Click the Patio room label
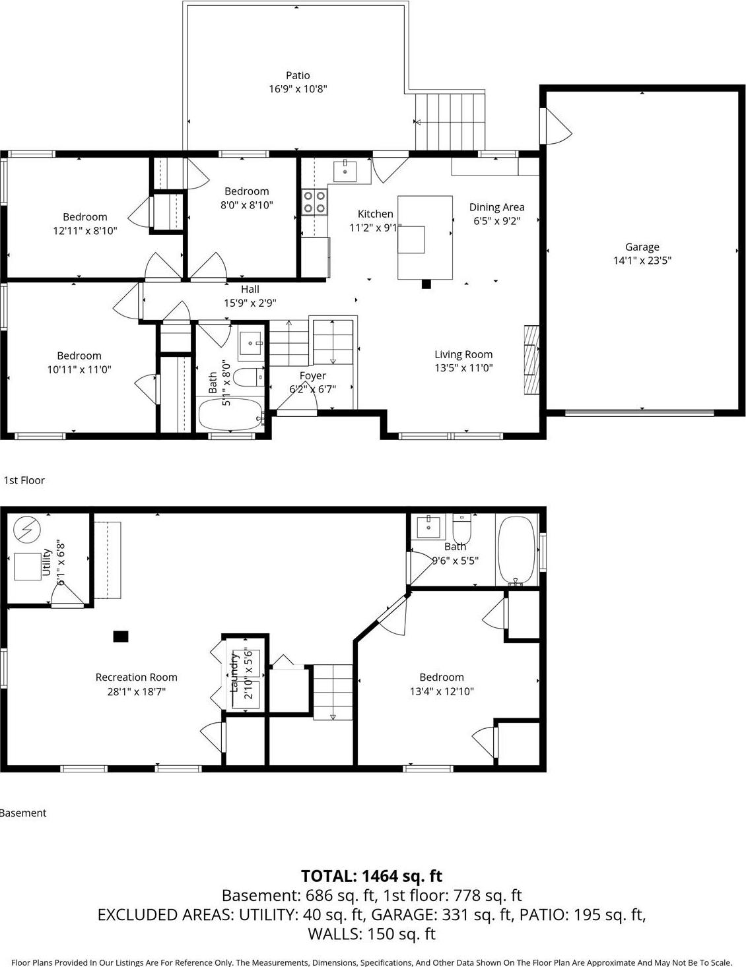pyautogui.click(x=298, y=76)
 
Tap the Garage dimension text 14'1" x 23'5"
pyautogui.click(x=642, y=261)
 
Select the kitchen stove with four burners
pyautogui.click(x=314, y=202)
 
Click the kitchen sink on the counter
pyautogui.click(x=345, y=171)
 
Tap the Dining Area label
pyautogui.click(x=496, y=207)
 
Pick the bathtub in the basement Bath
pyautogui.click(x=516, y=551)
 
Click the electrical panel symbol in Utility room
pyautogui.click(x=27, y=529)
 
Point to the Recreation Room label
pyautogui.click(x=136, y=677)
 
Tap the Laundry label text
pyautogui.click(x=233, y=673)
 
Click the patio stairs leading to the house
pyautogui.click(x=450, y=122)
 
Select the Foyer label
pyautogui.click(x=312, y=376)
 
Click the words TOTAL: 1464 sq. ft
pyautogui.click(x=372, y=876)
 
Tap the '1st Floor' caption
pyautogui.click(x=24, y=480)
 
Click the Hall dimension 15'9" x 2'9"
pyautogui.click(x=250, y=303)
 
